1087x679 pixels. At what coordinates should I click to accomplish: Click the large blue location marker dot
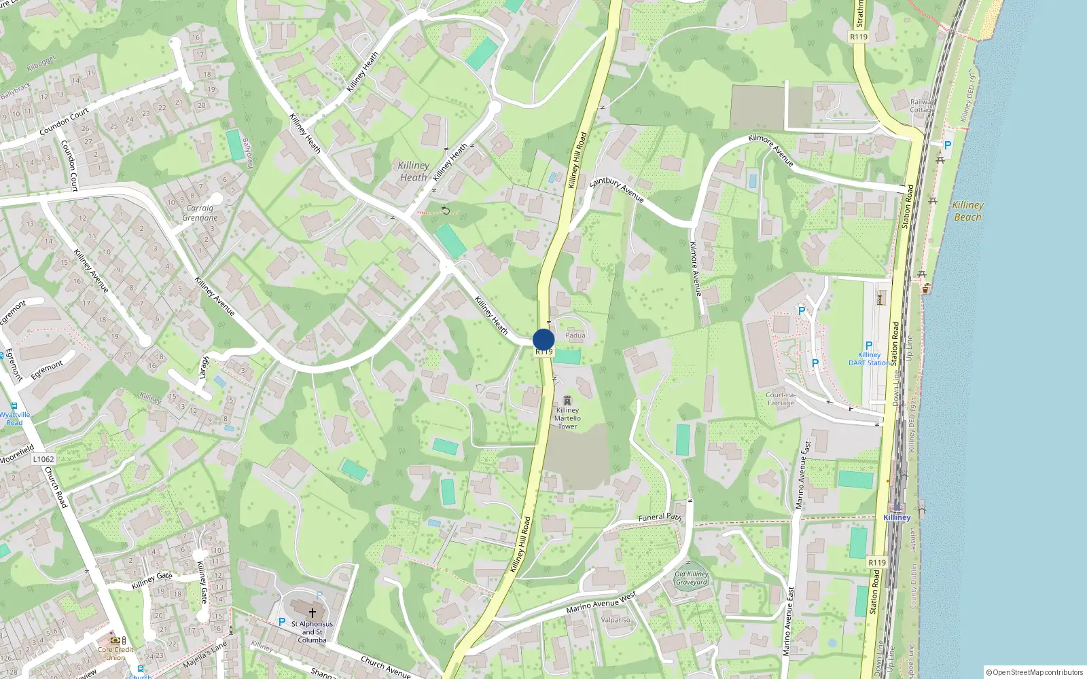click(x=543, y=339)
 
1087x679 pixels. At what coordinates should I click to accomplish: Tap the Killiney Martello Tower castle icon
click(x=567, y=401)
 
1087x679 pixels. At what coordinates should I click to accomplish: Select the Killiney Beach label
click(x=967, y=210)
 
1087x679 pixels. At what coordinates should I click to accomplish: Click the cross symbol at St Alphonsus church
click(x=313, y=612)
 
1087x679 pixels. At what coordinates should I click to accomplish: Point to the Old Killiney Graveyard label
click(x=692, y=578)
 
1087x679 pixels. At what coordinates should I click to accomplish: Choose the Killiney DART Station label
click(x=869, y=359)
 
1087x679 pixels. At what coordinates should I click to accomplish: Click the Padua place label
click(x=575, y=335)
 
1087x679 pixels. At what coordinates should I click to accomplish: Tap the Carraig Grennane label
click(x=200, y=213)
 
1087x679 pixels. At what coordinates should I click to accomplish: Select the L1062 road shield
click(x=43, y=459)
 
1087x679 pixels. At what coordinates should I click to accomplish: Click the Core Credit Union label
click(x=115, y=653)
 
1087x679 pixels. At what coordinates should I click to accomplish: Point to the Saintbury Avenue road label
click(x=616, y=189)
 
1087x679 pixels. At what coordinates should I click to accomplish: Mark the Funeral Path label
click(x=659, y=517)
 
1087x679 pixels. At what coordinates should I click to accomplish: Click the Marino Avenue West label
click(x=601, y=602)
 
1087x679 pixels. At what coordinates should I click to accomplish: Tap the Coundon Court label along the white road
click(x=64, y=122)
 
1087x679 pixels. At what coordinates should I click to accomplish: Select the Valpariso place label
click(x=616, y=620)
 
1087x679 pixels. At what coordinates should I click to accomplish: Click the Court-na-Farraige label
click(x=781, y=399)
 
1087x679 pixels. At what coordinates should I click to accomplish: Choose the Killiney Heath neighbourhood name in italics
click(x=413, y=171)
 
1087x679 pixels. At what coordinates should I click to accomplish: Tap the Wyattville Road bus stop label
click(x=15, y=418)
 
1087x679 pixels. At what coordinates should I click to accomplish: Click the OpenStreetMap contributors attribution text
click(x=1035, y=672)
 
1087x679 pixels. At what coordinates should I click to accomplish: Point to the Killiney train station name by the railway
click(x=897, y=517)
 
